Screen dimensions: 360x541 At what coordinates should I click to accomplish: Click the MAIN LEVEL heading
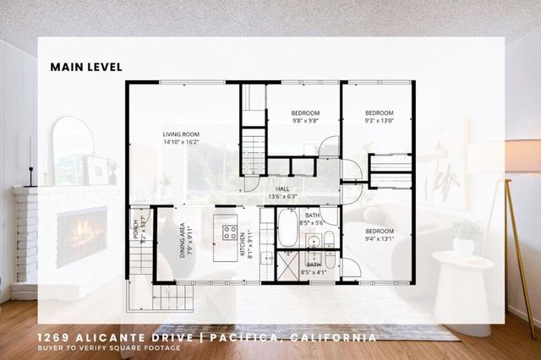(86, 67)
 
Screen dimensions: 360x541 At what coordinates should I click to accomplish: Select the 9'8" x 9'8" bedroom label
(305, 117)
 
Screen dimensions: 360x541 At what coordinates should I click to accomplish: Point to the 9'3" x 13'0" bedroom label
(380, 117)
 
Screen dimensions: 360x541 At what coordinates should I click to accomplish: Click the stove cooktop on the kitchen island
(229, 232)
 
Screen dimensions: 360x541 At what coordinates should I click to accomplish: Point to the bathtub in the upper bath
(287, 227)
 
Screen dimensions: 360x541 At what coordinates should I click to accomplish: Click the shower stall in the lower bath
(289, 267)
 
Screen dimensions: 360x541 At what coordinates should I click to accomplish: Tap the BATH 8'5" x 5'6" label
(313, 219)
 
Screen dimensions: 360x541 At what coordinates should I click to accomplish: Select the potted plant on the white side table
(463, 237)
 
